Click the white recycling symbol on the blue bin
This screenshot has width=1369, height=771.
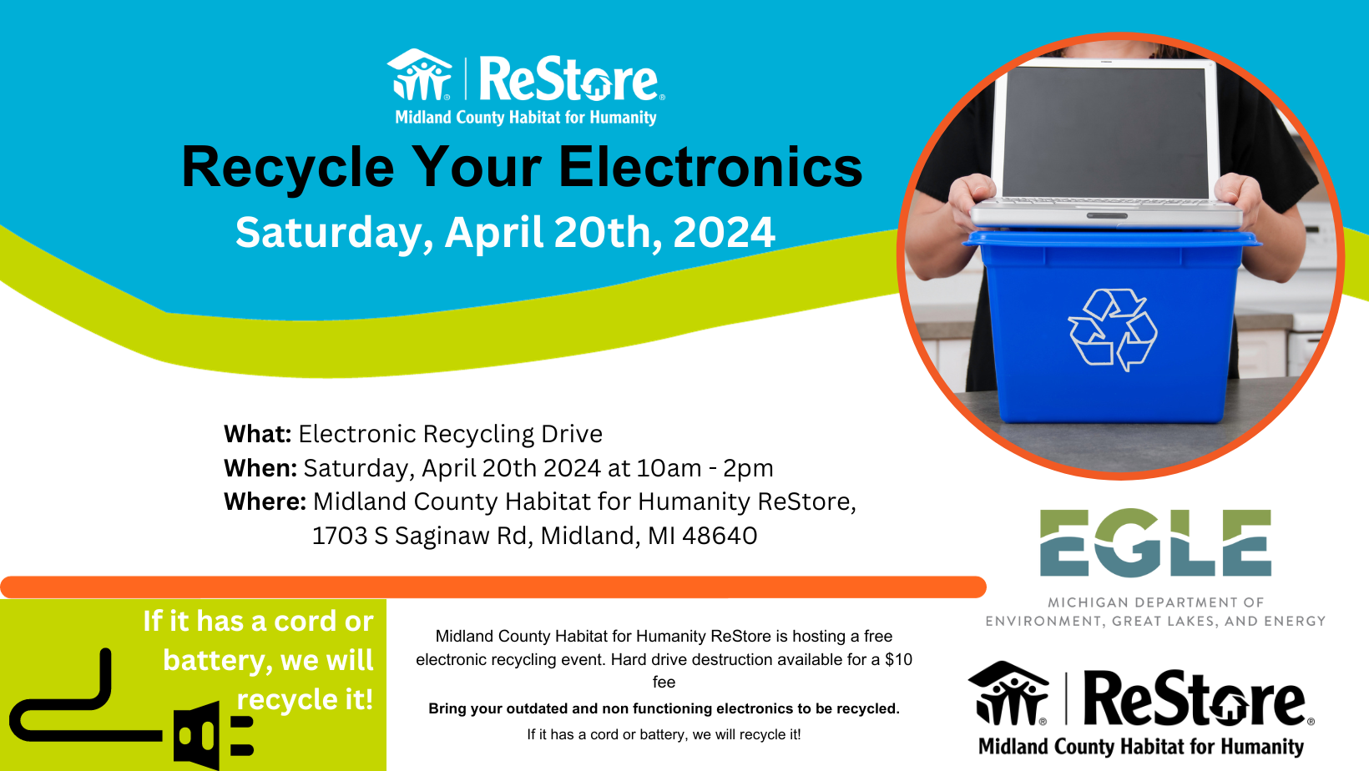point(1112,330)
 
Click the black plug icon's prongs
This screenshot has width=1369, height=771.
point(242,736)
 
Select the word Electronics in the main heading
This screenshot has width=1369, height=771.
point(710,167)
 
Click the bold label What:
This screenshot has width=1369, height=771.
point(257,434)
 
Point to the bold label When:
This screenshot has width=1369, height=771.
point(260,468)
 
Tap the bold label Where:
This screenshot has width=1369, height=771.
point(265,501)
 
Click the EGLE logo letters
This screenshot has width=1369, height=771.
point(1155,542)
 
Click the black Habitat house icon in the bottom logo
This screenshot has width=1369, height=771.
point(1008,693)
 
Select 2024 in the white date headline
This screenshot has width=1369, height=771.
point(724,232)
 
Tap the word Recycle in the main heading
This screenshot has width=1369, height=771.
point(288,168)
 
